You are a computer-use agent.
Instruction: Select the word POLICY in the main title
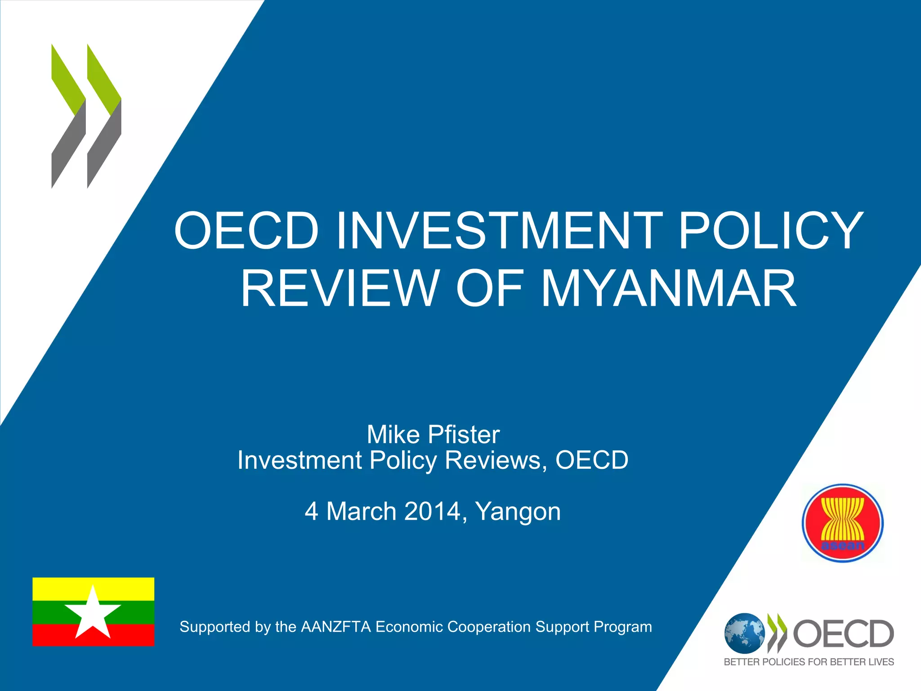pyautogui.click(x=771, y=230)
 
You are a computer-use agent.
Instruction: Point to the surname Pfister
pyautogui.click(x=464, y=435)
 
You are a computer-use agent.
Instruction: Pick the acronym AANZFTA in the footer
pyautogui.click(x=336, y=627)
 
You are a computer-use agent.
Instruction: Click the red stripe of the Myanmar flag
pyautogui.click(x=130, y=635)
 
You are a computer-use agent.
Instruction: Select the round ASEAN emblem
pyautogui.click(x=842, y=523)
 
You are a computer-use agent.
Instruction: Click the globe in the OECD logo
pyautogui.click(x=744, y=633)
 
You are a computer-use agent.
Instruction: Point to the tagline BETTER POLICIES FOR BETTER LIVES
pyautogui.click(x=809, y=662)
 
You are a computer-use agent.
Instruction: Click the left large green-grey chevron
pyautogui.click(x=68, y=116)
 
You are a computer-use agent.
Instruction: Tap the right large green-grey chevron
pyautogui.click(x=104, y=116)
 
